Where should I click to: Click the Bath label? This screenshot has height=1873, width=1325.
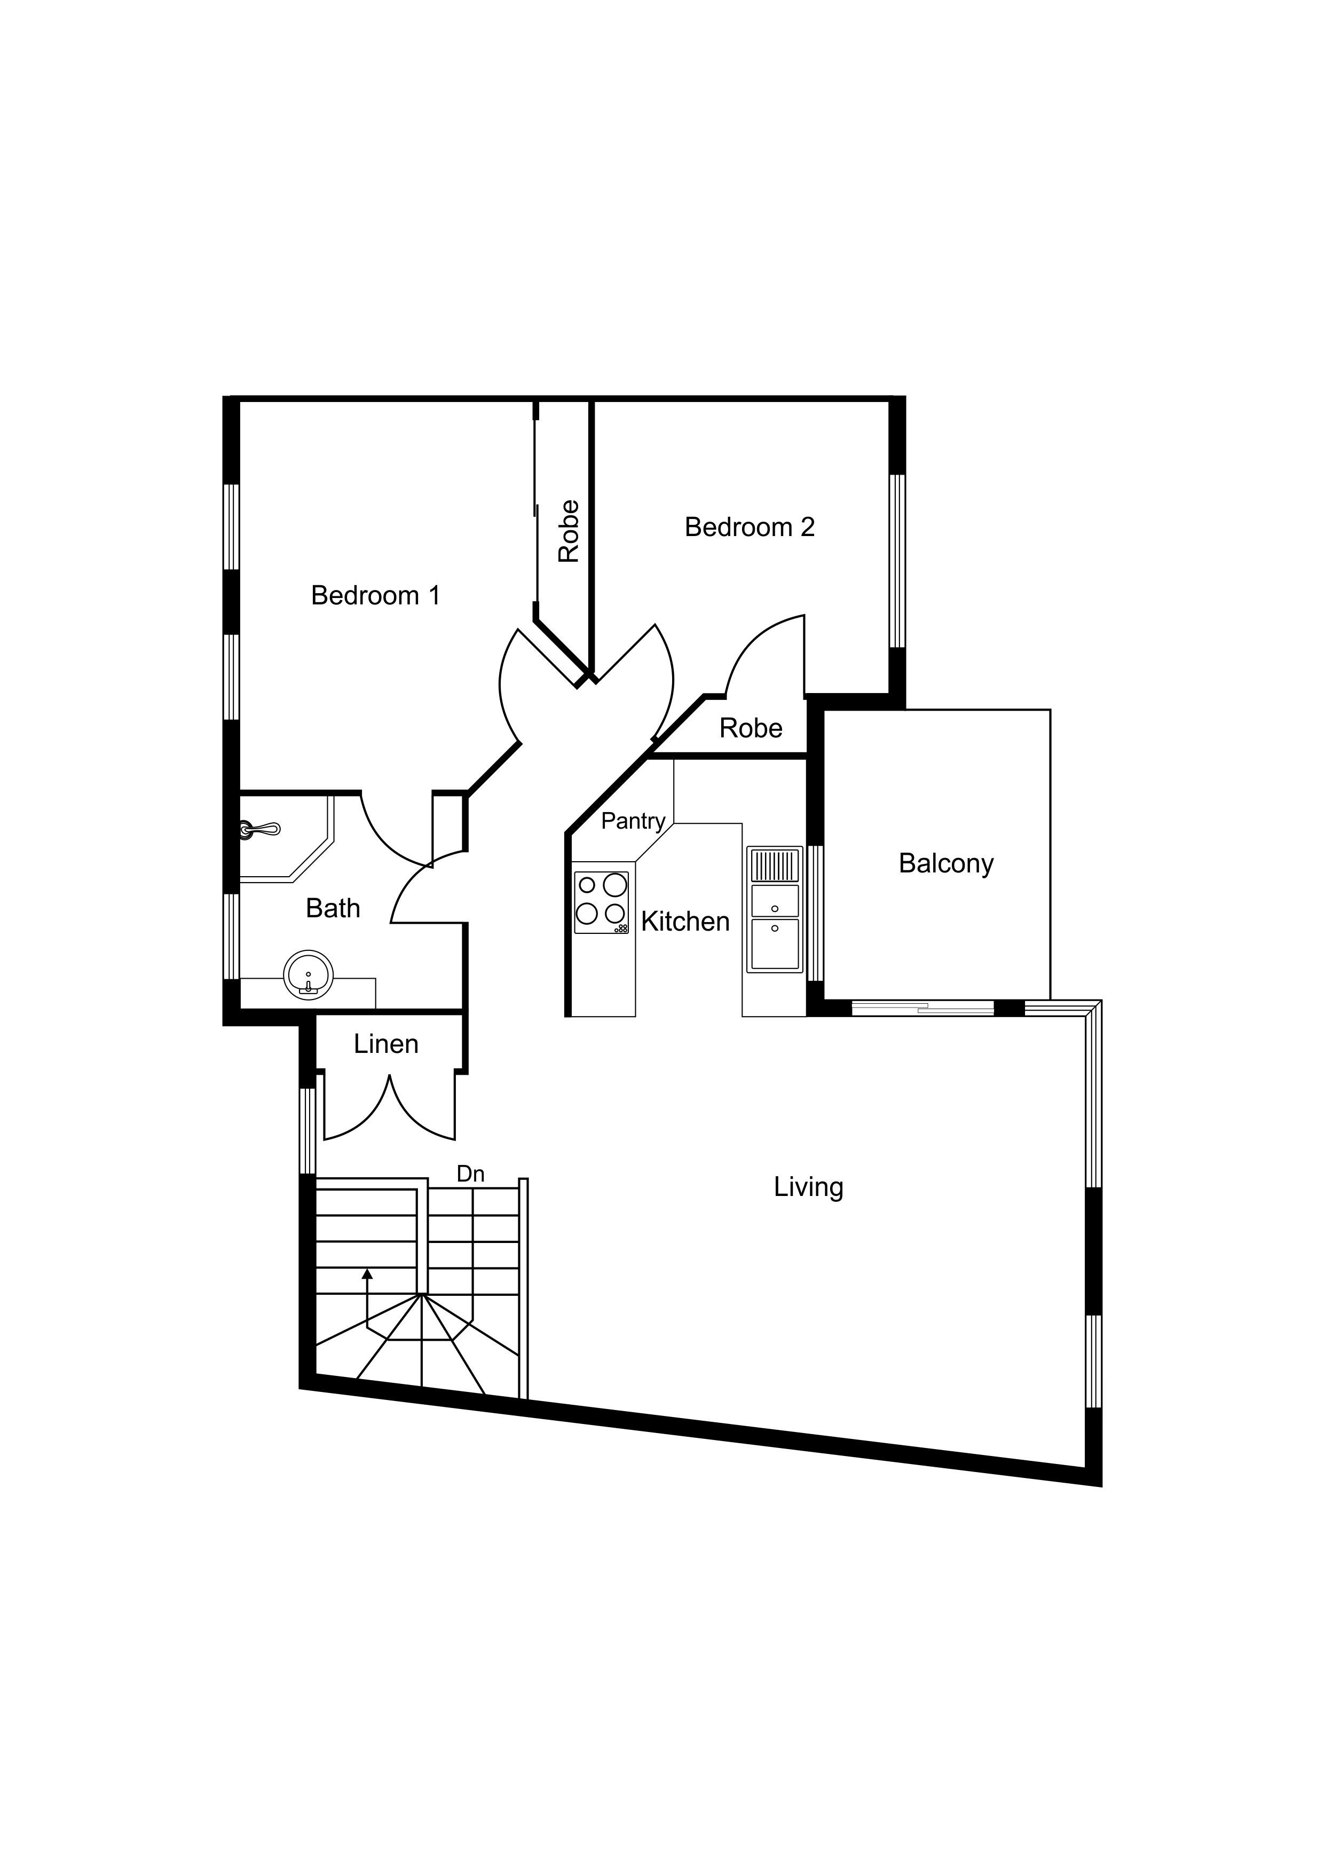pyautogui.click(x=333, y=908)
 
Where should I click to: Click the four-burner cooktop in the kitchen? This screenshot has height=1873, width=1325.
pyautogui.click(x=601, y=902)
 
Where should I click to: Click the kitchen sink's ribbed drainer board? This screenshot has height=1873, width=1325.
pyautogui.click(x=774, y=865)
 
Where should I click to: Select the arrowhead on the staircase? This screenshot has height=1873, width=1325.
pyautogui.click(x=367, y=1273)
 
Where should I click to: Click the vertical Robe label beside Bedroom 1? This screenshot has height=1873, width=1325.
pyautogui.click(x=569, y=531)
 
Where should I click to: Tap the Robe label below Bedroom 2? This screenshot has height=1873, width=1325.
pyautogui.click(x=751, y=728)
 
